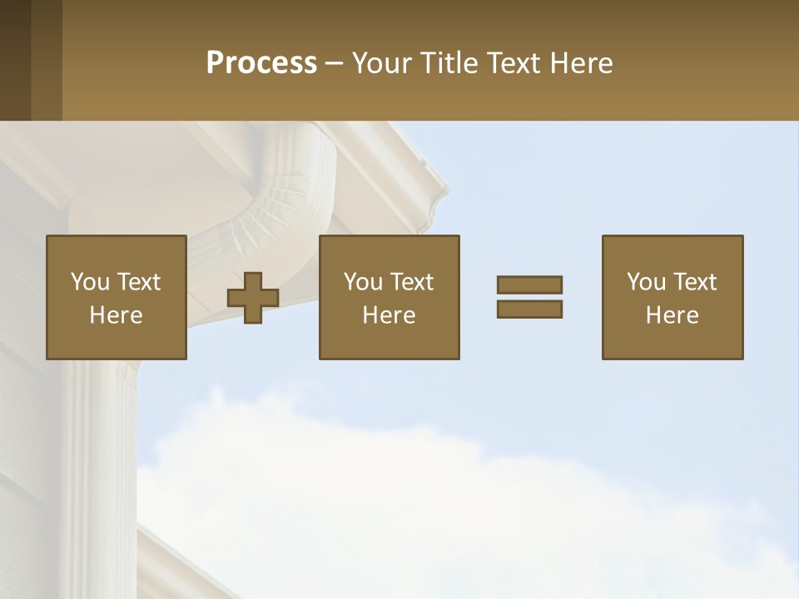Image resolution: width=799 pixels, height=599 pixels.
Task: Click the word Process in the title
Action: [261, 63]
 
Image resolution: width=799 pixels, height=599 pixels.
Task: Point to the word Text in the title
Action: [518, 63]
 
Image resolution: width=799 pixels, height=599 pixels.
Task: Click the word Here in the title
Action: [583, 63]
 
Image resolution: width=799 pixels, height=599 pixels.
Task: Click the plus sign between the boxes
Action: [253, 297]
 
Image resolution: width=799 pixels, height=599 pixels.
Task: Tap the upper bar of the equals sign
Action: [529, 285]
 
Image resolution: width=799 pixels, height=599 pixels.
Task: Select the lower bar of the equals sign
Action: [529, 309]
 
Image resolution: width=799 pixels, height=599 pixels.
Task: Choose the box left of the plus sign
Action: [116, 297]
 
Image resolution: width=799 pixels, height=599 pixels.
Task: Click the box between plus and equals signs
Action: [389, 297]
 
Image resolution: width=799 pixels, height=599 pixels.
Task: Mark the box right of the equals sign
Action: [672, 297]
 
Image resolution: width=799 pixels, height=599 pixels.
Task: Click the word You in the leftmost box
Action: [90, 282]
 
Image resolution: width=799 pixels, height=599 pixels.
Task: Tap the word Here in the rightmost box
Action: [672, 315]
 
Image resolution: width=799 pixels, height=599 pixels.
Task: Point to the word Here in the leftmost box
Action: [116, 315]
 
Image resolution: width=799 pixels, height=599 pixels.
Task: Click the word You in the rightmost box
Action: [647, 282]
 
